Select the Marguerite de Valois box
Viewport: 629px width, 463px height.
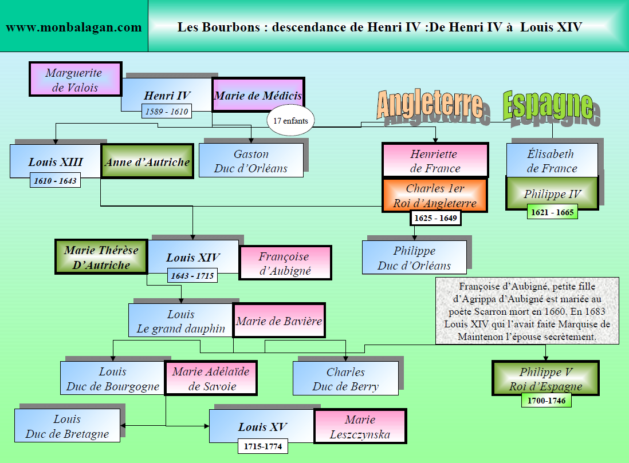tap(75, 80)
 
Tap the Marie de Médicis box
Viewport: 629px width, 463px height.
tap(258, 96)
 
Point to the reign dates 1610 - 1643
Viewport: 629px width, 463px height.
tap(56, 181)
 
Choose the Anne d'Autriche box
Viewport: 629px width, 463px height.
tap(147, 162)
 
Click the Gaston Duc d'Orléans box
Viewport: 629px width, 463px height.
tap(251, 161)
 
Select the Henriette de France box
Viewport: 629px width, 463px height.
tap(435, 161)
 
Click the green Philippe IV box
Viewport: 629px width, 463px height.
tap(552, 193)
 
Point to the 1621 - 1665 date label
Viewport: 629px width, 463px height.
tap(552, 212)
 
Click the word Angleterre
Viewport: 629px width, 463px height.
tap(429, 104)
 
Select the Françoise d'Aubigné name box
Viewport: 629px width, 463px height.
tap(285, 263)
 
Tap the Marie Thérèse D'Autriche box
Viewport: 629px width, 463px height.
tap(101, 257)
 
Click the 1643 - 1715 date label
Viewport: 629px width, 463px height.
tap(192, 276)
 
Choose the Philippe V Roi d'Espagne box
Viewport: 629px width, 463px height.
tap(545, 379)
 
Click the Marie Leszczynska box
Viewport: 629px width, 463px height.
tap(360, 427)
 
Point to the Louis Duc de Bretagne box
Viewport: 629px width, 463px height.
tap(67, 426)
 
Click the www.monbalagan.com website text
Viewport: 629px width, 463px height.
tap(74, 27)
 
